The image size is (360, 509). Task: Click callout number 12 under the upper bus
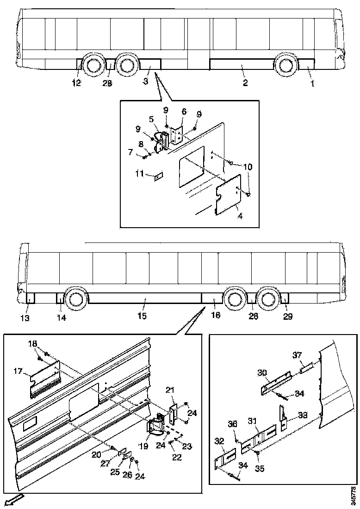tap(76, 83)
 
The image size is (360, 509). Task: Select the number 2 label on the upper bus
tap(245, 83)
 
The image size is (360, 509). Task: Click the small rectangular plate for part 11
tap(158, 176)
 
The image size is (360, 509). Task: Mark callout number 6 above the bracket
tap(184, 112)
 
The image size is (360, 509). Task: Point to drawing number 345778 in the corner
tap(354, 495)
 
